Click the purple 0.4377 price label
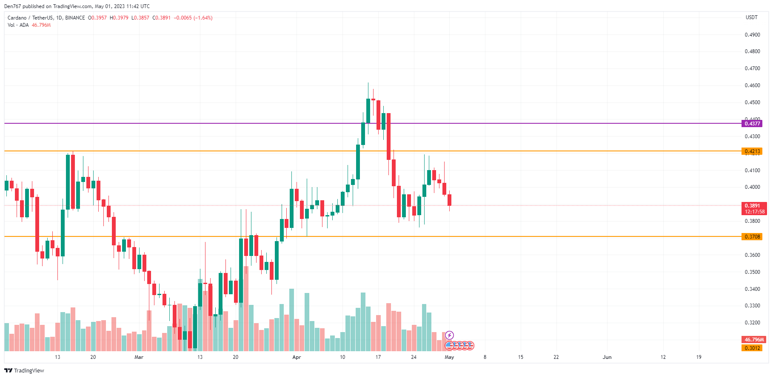click(x=752, y=123)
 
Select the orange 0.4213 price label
click(x=752, y=151)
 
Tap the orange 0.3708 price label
click(x=752, y=237)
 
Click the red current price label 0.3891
click(x=752, y=206)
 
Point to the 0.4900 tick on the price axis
click(x=752, y=35)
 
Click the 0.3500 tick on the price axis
click(x=752, y=272)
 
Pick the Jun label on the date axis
click(x=607, y=357)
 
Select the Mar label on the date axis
click(x=139, y=357)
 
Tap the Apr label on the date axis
click(x=297, y=357)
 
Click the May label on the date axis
click(x=449, y=357)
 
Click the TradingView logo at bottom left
click(x=24, y=370)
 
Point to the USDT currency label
click(x=751, y=17)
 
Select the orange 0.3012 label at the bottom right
click(x=752, y=348)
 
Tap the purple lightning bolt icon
click(x=449, y=335)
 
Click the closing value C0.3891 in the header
click(x=162, y=18)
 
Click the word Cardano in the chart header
click(x=17, y=18)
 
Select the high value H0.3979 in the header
click(x=119, y=18)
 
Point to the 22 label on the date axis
click(x=556, y=357)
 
